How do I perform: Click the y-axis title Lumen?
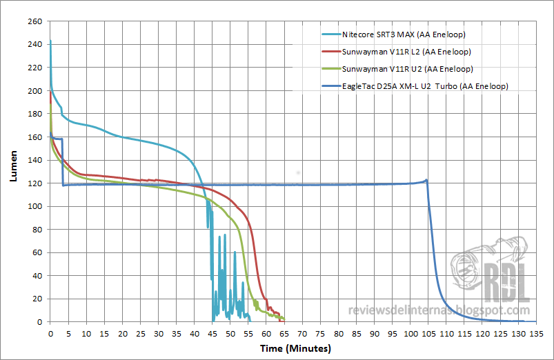click(13, 168)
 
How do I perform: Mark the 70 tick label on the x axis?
click(302, 333)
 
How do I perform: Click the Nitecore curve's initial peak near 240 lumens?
click(50, 41)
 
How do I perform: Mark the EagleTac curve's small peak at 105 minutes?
click(426, 180)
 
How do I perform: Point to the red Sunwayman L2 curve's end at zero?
click(280, 321)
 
